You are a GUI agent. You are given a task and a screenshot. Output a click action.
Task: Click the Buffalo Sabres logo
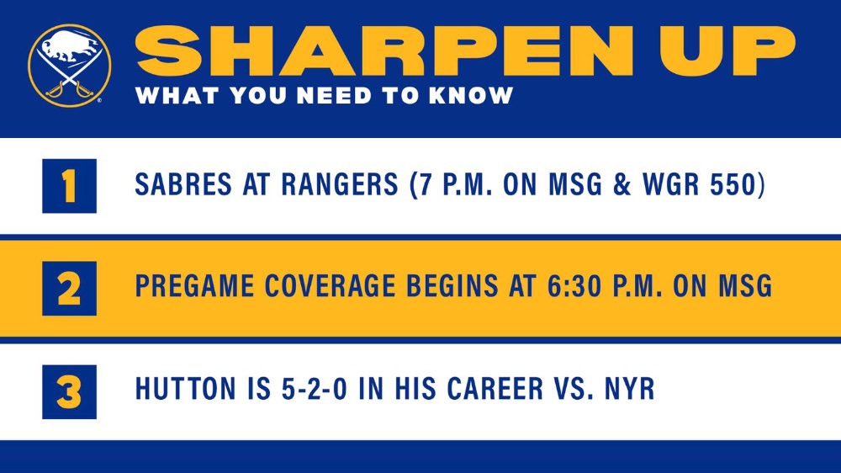point(69,66)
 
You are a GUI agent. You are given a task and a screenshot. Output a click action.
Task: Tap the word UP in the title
point(727,52)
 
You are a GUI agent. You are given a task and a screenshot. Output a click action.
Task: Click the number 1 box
point(69,186)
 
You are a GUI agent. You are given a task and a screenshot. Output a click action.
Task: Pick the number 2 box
point(69,289)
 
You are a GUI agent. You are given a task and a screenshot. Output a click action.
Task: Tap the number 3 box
point(69,392)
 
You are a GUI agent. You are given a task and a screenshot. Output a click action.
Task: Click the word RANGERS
point(340,184)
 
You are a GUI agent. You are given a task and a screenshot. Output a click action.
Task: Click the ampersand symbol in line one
point(622,184)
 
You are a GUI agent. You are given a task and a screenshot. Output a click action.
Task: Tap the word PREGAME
point(194,285)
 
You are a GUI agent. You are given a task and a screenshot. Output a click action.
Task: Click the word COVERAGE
point(330,285)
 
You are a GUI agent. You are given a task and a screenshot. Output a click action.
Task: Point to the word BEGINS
point(452,285)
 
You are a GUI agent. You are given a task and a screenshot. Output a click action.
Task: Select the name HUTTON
point(185,389)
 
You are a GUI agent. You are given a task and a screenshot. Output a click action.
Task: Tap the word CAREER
point(495,389)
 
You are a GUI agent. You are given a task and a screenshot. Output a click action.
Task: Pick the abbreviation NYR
point(630,389)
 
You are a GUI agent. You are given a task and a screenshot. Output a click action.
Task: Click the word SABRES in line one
point(183,184)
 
